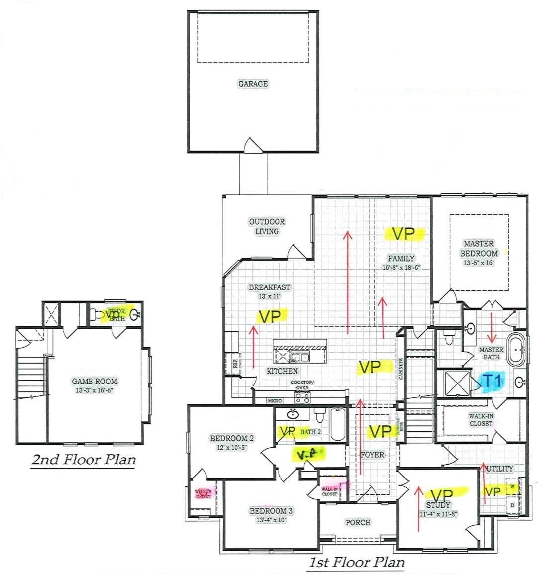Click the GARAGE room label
[253, 84]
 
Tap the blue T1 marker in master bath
[492, 381]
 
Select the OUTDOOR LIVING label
[267, 226]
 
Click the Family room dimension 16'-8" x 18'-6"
[401, 267]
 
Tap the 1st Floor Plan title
[357, 563]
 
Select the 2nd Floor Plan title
[84, 459]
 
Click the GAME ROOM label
[94, 382]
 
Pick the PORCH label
[358, 522]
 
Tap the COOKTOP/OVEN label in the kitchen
[303, 385]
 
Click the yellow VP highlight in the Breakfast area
[273, 316]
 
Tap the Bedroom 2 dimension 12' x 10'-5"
[232, 447]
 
